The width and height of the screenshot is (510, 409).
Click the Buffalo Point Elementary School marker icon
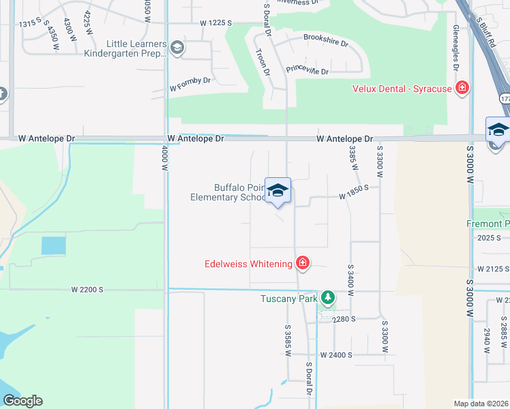pyautogui.click(x=277, y=191)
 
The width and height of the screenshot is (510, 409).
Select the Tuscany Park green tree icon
pyautogui.click(x=329, y=298)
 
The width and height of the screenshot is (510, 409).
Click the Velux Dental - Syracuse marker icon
pyautogui.click(x=462, y=88)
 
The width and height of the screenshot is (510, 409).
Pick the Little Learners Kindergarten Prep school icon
pyautogui.click(x=177, y=47)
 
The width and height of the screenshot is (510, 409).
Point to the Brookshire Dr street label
pyautogui.click(x=325, y=40)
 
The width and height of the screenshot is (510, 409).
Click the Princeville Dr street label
pyautogui.click(x=307, y=70)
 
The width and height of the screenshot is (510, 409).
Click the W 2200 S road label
pyautogui.click(x=87, y=289)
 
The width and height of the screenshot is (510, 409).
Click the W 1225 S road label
pyautogui.click(x=216, y=23)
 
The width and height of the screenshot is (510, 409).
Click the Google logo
pyautogui.click(x=22, y=401)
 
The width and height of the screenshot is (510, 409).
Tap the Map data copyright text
pyautogui.click(x=481, y=404)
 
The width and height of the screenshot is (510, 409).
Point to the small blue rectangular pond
pyautogui.click(x=54, y=245)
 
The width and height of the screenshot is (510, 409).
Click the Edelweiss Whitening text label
pyautogui.click(x=248, y=264)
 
